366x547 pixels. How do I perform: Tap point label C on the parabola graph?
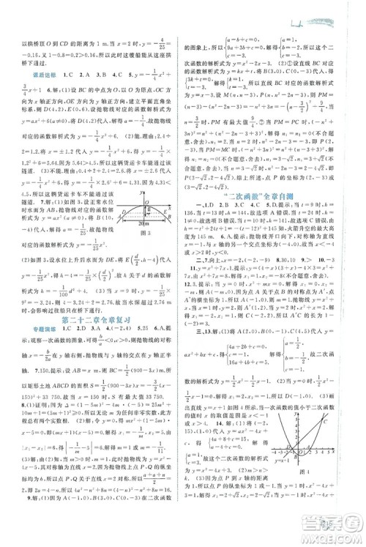325,422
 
